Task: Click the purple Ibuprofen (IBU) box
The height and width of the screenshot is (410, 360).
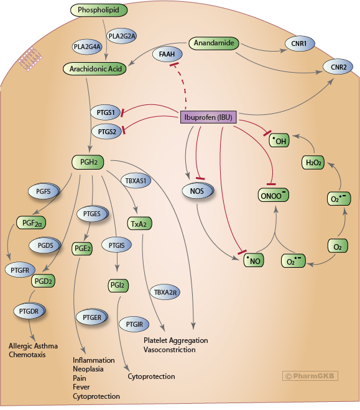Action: click(208, 117)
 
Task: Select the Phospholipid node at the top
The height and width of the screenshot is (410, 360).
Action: click(99, 10)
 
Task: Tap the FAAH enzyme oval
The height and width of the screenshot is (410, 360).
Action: click(167, 55)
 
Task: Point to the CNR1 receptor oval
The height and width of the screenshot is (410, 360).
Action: click(299, 43)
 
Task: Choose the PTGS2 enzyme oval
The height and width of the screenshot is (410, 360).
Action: click(107, 132)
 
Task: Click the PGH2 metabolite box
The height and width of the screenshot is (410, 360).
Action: click(88, 162)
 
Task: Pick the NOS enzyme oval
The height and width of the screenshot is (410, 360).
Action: click(198, 191)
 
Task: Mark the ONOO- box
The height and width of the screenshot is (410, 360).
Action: click(274, 195)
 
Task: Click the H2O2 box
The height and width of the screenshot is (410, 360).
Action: click(313, 162)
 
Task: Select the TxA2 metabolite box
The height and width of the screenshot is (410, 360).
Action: click(139, 224)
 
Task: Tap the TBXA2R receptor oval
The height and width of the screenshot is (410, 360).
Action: click(165, 292)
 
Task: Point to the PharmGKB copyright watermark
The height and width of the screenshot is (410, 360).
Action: click(310, 376)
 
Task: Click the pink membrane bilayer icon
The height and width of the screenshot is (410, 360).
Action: click(30, 59)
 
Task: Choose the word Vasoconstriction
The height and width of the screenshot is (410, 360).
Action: click(170, 350)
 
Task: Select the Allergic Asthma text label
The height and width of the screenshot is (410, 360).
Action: click(33, 346)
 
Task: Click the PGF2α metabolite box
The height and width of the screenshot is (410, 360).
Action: click(31, 223)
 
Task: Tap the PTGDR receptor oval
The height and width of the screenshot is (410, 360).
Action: click(29, 311)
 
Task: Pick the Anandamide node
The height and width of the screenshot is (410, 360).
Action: click(214, 43)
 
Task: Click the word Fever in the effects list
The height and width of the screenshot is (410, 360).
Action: click(81, 387)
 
